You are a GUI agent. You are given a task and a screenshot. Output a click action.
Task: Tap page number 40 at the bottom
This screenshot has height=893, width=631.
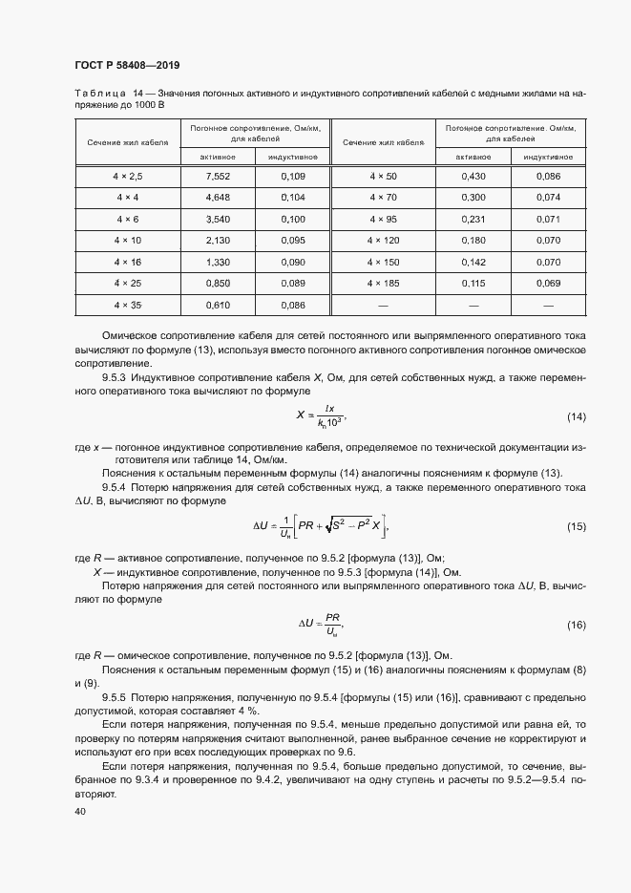79,812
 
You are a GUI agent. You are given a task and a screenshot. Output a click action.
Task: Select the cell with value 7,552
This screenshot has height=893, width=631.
219,177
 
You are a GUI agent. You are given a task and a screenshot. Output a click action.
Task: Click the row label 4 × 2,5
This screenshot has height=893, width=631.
128,177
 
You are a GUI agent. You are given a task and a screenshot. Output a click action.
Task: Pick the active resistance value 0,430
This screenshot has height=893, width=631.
473,177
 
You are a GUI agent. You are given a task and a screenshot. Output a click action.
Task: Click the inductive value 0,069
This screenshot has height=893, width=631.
548,283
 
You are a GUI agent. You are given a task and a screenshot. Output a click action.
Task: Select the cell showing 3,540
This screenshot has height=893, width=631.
219,219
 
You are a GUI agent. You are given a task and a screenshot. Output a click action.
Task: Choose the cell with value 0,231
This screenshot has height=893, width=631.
473,219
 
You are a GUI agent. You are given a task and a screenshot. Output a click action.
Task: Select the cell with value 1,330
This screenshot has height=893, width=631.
219,262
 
